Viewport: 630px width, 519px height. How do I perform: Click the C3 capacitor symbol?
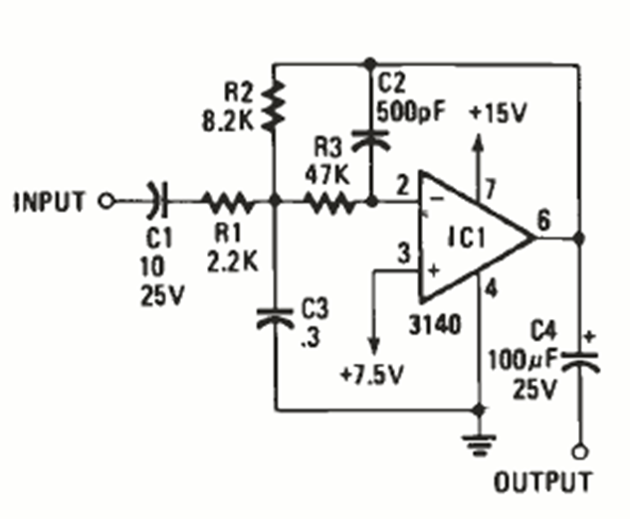click(276, 318)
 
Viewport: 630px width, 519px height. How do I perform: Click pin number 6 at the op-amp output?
click(543, 222)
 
